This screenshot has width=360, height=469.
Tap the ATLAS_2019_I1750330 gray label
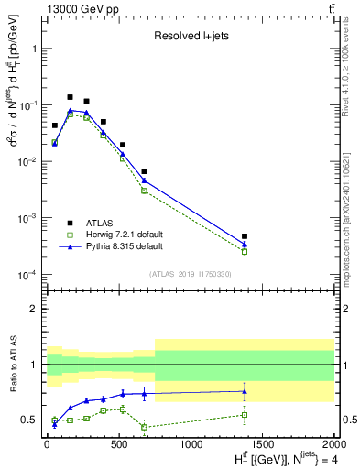tap(190, 273)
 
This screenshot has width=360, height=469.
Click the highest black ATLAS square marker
tap(71, 97)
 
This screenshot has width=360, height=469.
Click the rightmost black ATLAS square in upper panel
tap(245, 236)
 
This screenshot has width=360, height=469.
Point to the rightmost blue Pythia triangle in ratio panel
tap(245, 391)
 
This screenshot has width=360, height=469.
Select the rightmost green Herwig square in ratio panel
tap(245, 415)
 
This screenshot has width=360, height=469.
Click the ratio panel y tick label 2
tap(36, 309)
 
